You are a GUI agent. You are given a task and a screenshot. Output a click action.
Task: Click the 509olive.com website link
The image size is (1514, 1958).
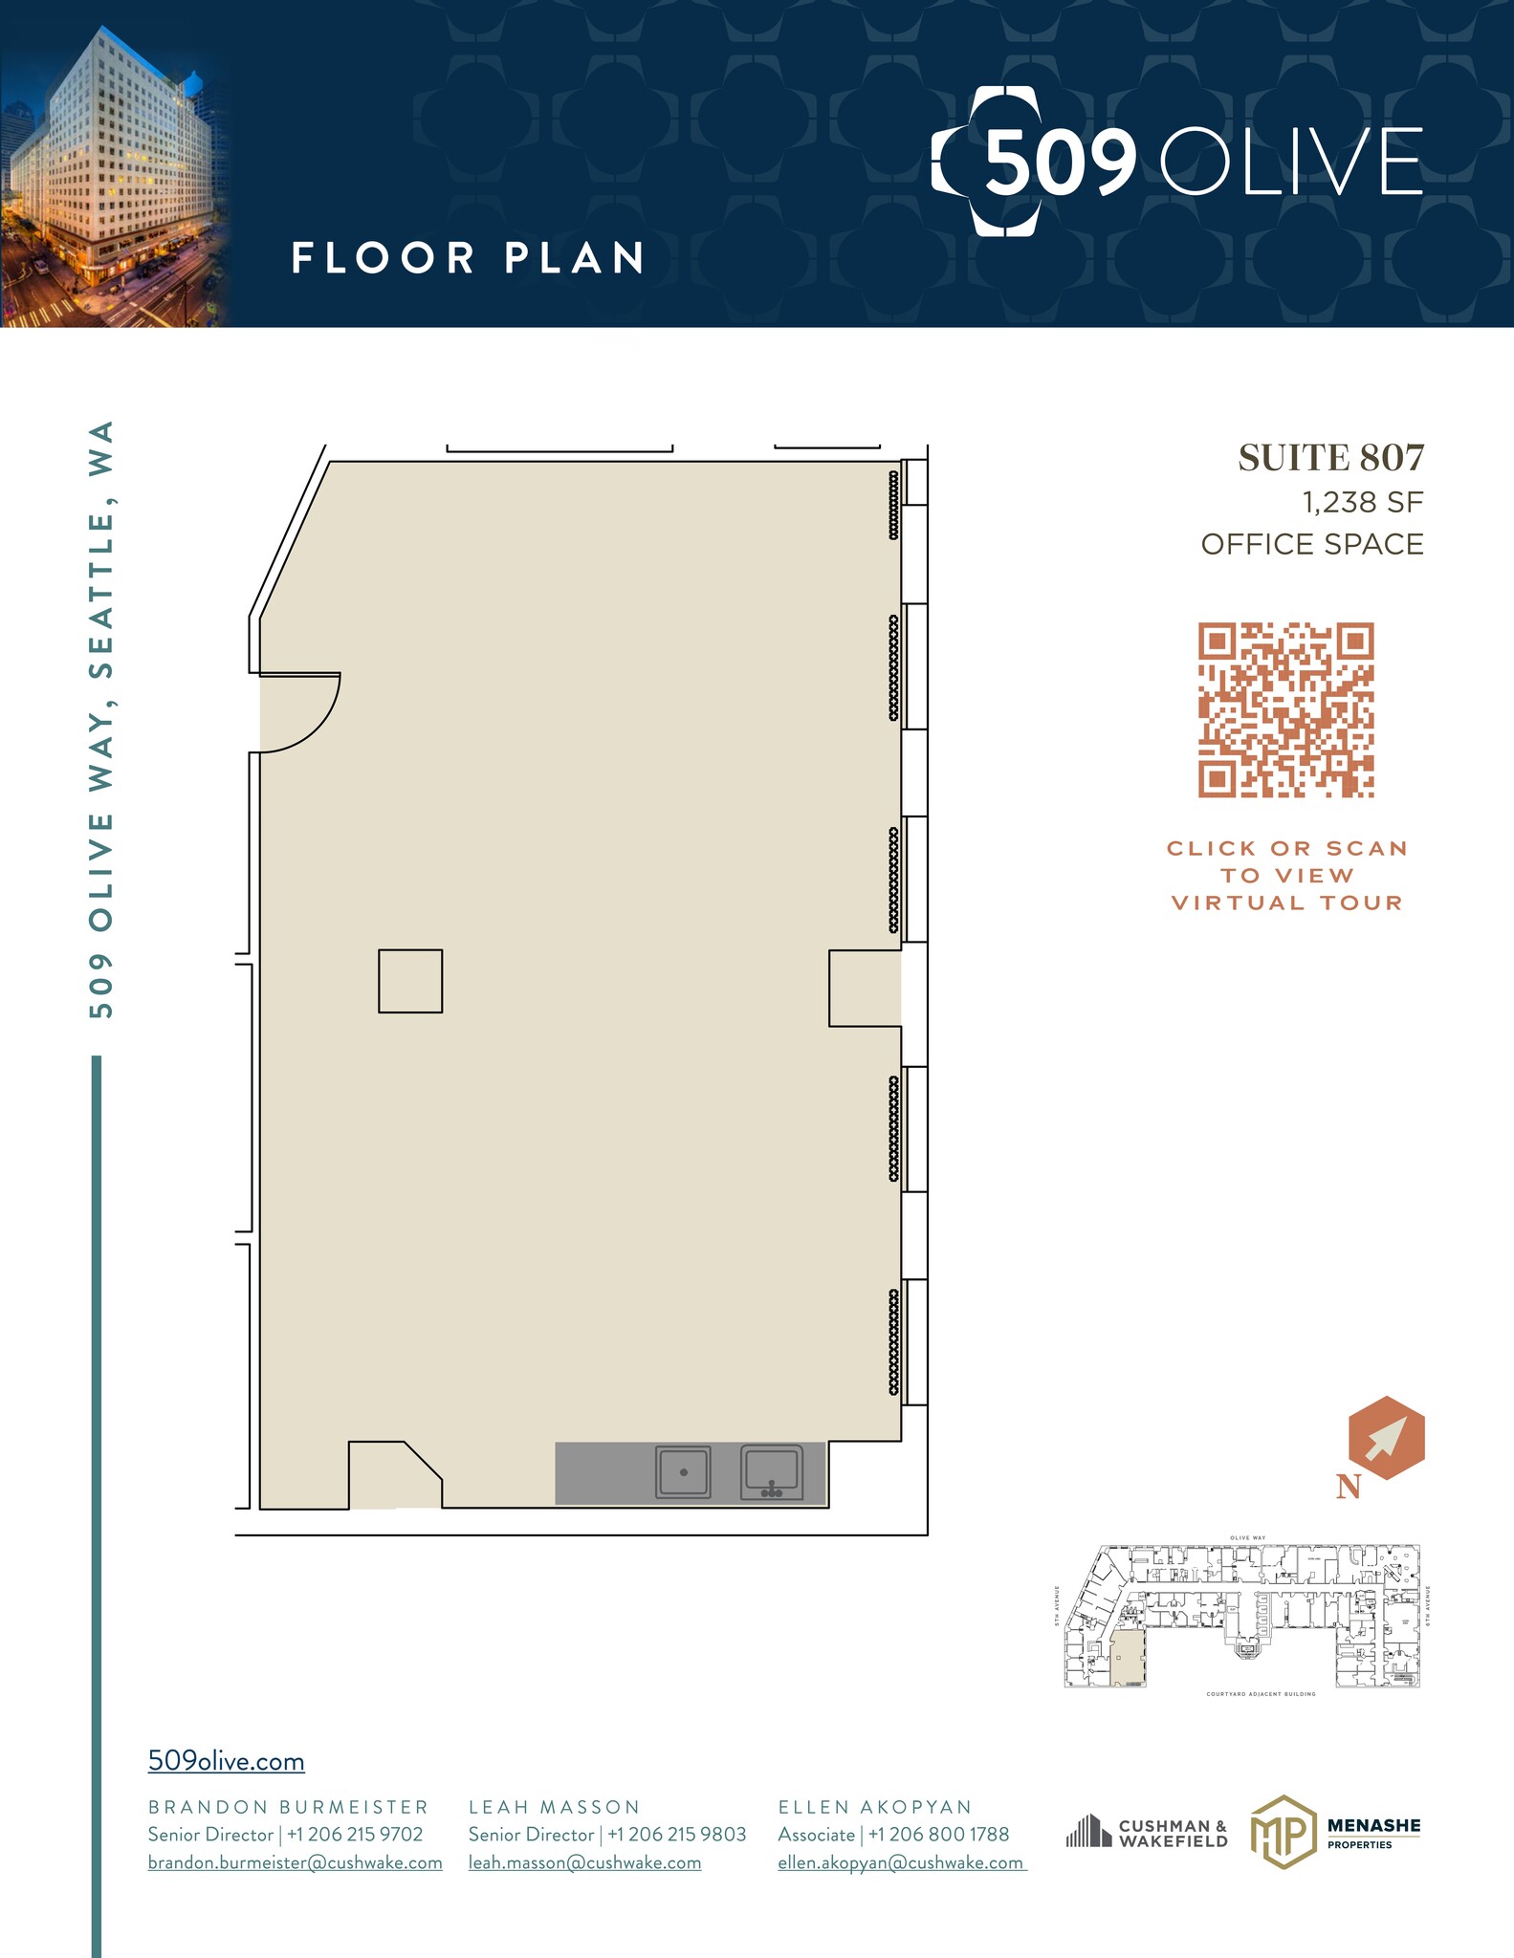pyautogui.click(x=226, y=1761)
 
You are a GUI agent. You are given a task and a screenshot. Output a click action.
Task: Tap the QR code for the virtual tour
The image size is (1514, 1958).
pyautogui.click(x=1285, y=710)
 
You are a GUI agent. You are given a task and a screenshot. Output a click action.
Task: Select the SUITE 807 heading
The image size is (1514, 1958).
pyautogui.click(x=1330, y=458)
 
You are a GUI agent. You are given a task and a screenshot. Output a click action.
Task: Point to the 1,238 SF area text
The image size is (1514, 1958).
pyautogui.click(x=1362, y=502)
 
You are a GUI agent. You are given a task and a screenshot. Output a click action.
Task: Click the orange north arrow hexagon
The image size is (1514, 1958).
pyautogui.click(x=1386, y=1438)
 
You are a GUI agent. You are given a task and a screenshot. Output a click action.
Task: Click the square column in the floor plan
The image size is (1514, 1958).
pyautogui.click(x=410, y=981)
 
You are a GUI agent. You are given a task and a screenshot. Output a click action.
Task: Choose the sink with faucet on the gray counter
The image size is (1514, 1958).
pyautogui.click(x=771, y=1472)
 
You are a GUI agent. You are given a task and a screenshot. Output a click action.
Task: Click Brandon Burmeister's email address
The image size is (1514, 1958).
pyautogui.click(x=295, y=1862)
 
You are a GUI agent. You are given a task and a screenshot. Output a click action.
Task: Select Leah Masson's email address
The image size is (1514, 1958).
pyautogui.click(x=584, y=1862)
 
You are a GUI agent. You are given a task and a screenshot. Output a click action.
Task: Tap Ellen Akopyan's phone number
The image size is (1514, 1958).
pyautogui.click(x=937, y=1835)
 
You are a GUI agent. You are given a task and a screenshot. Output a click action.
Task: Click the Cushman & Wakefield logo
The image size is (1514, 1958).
pyautogui.click(x=1147, y=1833)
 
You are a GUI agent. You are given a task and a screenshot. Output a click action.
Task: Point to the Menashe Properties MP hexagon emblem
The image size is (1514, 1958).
pyautogui.click(x=1282, y=1832)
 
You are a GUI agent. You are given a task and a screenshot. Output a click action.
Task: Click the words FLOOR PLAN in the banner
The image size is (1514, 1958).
pyautogui.click(x=468, y=258)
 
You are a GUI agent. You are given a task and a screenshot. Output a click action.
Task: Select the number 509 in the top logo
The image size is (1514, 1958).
pyautogui.click(x=1059, y=163)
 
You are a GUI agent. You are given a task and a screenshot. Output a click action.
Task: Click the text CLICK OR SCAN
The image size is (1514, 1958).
pyautogui.click(x=1286, y=849)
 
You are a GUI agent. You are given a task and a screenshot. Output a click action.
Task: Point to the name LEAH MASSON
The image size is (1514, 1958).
pyautogui.click(x=554, y=1807)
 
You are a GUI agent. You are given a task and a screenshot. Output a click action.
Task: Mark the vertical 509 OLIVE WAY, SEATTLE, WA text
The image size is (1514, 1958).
pyautogui.click(x=101, y=719)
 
